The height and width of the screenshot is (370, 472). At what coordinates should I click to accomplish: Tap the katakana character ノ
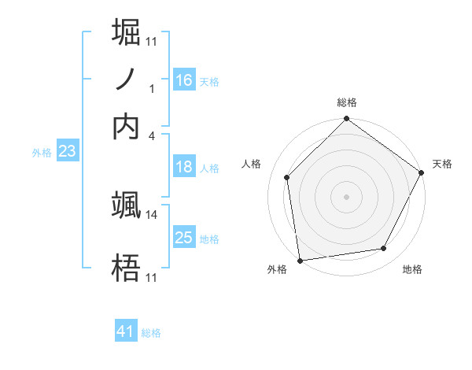pos(126,80)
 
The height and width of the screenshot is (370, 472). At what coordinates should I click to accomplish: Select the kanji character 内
pos(126,126)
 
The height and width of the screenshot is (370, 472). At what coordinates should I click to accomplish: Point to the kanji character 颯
pos(126,205)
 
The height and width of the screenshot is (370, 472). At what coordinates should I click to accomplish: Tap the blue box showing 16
pos(184,80)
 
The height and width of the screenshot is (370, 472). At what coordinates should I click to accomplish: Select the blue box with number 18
pos(184,167)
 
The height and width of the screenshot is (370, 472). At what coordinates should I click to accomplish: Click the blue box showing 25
pos(184,238)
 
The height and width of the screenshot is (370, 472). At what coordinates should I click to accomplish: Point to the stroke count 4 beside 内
pos(152,135)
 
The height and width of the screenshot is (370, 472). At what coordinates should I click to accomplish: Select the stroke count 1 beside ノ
pos(152,89)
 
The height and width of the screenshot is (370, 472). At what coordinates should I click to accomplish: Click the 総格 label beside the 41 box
pos(151,333)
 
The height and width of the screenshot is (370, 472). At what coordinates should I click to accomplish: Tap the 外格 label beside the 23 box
pos(42,153)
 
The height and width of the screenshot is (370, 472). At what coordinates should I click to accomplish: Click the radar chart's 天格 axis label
pos(442,164)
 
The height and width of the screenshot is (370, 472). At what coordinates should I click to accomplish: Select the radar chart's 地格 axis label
pos(412,269)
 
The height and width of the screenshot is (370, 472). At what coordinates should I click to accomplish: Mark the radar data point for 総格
pos(346,120)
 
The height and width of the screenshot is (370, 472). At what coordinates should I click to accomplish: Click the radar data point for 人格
pos(287,177)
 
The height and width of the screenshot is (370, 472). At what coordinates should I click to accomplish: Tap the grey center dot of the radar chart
pos(346,196)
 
